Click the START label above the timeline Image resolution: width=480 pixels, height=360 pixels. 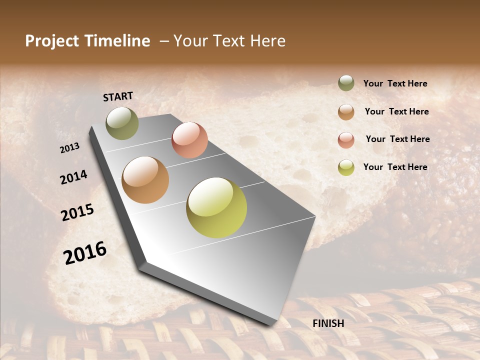point(118,96)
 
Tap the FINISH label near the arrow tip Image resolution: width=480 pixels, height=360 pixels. point(328,323)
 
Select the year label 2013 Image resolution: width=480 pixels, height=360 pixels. point(70,148)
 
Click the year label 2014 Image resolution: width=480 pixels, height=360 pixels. point(73,177)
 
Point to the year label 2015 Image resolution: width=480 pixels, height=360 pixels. point(77,212)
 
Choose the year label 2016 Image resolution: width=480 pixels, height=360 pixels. point(85,252)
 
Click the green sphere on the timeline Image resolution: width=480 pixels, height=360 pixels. point(122,123)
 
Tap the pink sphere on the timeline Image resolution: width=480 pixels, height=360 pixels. point(189,140)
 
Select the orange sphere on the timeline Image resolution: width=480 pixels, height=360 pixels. point(145,180)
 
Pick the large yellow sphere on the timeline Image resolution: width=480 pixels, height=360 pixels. point(216,207)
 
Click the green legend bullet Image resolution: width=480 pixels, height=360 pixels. point(346,83)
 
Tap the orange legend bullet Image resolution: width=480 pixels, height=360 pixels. point(346,112)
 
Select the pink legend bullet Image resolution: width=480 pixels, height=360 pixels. point(346,140)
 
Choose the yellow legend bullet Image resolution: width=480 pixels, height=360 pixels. point(346,167)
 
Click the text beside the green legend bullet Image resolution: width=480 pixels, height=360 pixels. point(395,84)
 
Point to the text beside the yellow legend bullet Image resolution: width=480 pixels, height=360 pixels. point(395,167)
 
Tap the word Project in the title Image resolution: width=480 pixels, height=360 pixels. point(51,41)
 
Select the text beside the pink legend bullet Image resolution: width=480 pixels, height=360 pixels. point(397,139)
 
